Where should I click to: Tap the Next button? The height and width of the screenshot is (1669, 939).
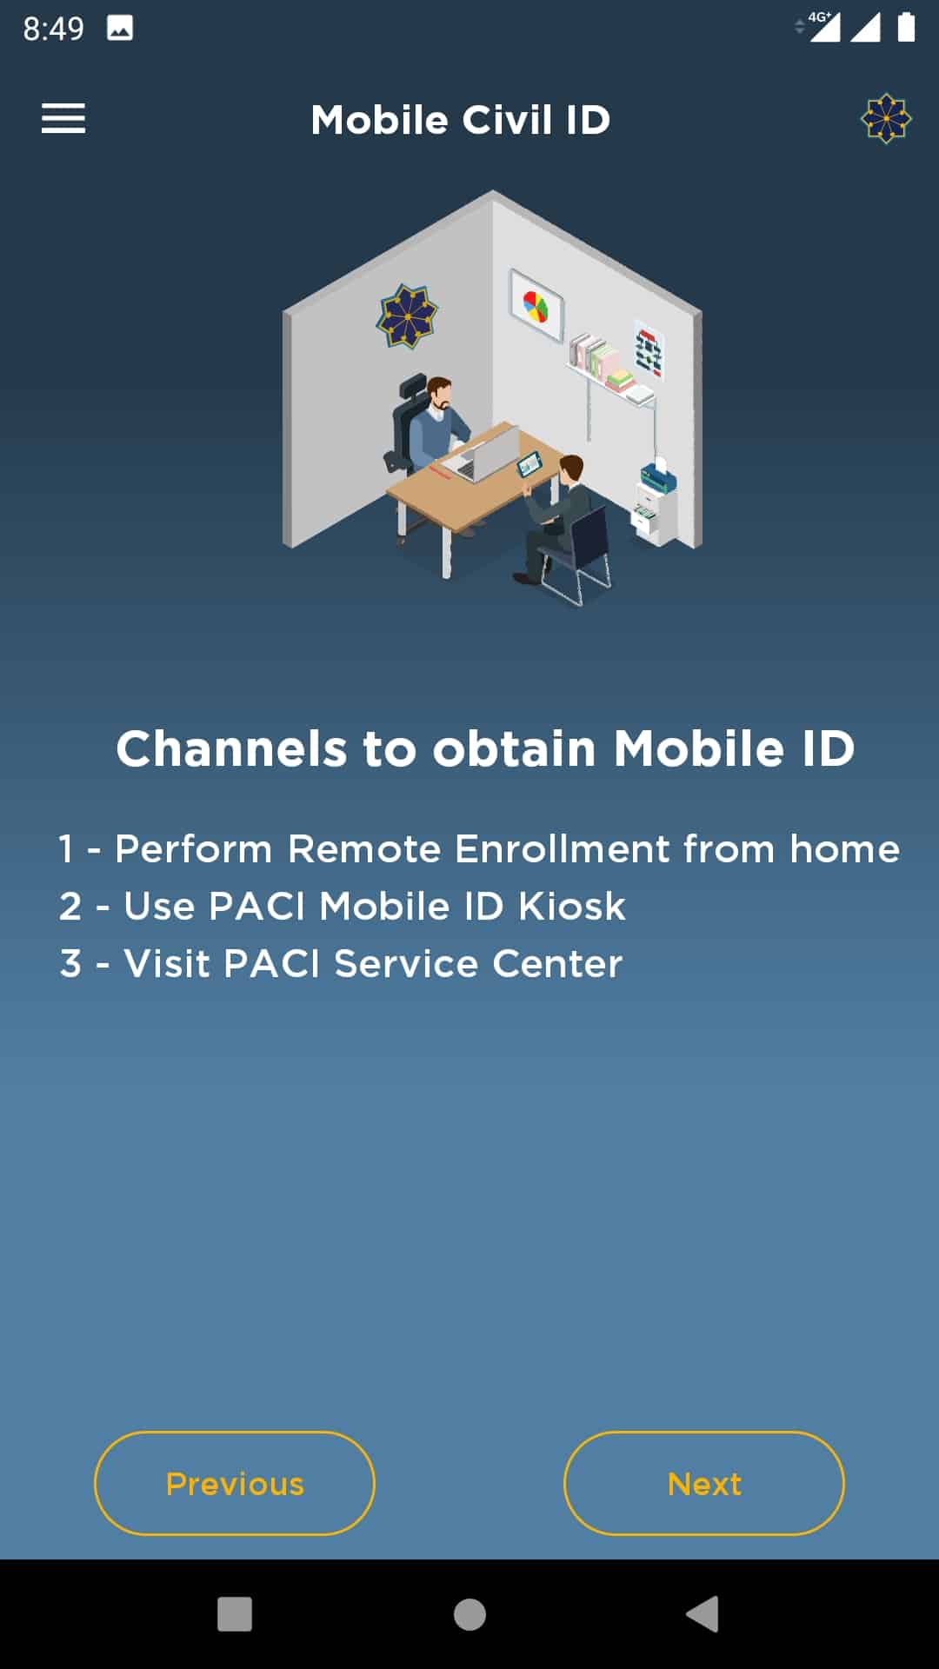tap(704, 1483)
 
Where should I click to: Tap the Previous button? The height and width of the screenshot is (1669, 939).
tap(235, 1483)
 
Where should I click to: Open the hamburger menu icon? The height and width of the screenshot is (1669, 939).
tap(63, 118)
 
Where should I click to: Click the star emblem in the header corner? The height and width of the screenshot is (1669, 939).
tap(886, 118)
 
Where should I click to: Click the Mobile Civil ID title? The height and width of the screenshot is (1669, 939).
tap(461, 120)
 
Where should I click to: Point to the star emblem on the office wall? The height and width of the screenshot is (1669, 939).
tap(406, 315)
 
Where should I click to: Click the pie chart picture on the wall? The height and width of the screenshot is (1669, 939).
tap(536, 305)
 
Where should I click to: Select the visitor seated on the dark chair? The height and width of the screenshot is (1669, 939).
tap(556, 518)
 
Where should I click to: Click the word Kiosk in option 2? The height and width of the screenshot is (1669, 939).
tap(572, 907)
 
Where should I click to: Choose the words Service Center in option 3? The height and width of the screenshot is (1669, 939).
tap(478, 964)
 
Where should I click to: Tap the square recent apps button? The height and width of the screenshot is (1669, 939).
tap(235, 1614)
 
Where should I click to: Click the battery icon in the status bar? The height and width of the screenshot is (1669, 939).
tap(906, 27)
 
